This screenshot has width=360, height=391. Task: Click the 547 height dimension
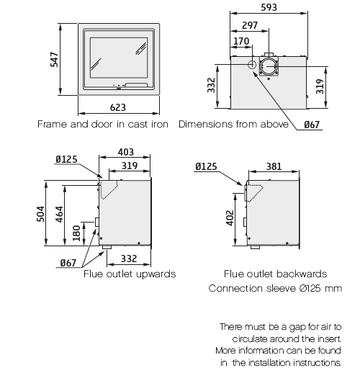coord(54,60)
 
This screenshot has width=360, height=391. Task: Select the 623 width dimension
coord(118,107)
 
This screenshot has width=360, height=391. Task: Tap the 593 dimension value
coord(269,7)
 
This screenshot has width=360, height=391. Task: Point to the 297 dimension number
coord(250,25)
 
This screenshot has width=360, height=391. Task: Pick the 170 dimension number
coord(241,41)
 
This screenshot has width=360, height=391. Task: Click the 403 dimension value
coord(126,152)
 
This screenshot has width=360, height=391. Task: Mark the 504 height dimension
coord(40,214)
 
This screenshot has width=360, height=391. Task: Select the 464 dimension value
coord(59,214)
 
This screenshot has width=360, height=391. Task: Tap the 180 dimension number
coord(76,233)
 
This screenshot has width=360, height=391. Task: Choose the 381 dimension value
coord(274,166)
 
